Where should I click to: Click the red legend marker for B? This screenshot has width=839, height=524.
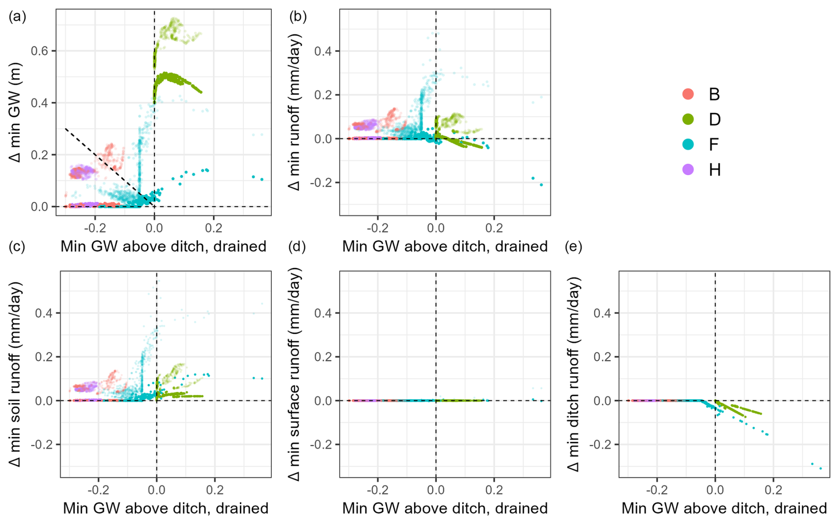pyautogui.click(x=688, y=94)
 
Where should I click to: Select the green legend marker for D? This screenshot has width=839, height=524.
pyautogui.click(x=688, y=119)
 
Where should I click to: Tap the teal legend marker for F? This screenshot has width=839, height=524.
pyautogui.click(x=688, y=144)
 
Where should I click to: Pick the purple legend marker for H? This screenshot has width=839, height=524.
pyautogui.click(x=688, y=169)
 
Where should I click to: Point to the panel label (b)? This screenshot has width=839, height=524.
pyautogui.click(x=298, y=16)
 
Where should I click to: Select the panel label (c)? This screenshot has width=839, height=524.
pyautogui.click(x=17, y=246)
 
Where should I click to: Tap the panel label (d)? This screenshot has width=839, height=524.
pyautogui.click(x=297, y=246)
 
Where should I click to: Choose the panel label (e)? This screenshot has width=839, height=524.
pyautogui.click(x=573, y=246)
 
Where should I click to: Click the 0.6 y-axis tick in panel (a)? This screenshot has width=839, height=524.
pyautogui.click(x=39, y=51)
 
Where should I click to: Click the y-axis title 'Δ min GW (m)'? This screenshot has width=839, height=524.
pyautogui.click(x=15, y=112)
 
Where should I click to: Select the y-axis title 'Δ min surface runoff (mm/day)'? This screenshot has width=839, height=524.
pyautogui.click(x=294, y=374)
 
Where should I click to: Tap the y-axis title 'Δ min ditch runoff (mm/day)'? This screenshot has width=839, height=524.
pyautogui.click(x=573, y=374)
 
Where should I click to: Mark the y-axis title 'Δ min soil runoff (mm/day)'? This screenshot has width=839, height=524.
pyautogui.click(x=15, y=374)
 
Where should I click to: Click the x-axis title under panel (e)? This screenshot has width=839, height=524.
pyautogui.click(x=724, y=508)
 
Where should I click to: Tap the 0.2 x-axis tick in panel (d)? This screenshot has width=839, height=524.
pyautogui.click(x=494, y=490)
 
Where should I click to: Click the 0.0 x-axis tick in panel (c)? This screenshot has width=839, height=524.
pyautogui.click(x=157, y=490)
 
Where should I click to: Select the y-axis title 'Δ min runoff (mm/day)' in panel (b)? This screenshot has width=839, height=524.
pyautogui.click(x=294, y=112)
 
